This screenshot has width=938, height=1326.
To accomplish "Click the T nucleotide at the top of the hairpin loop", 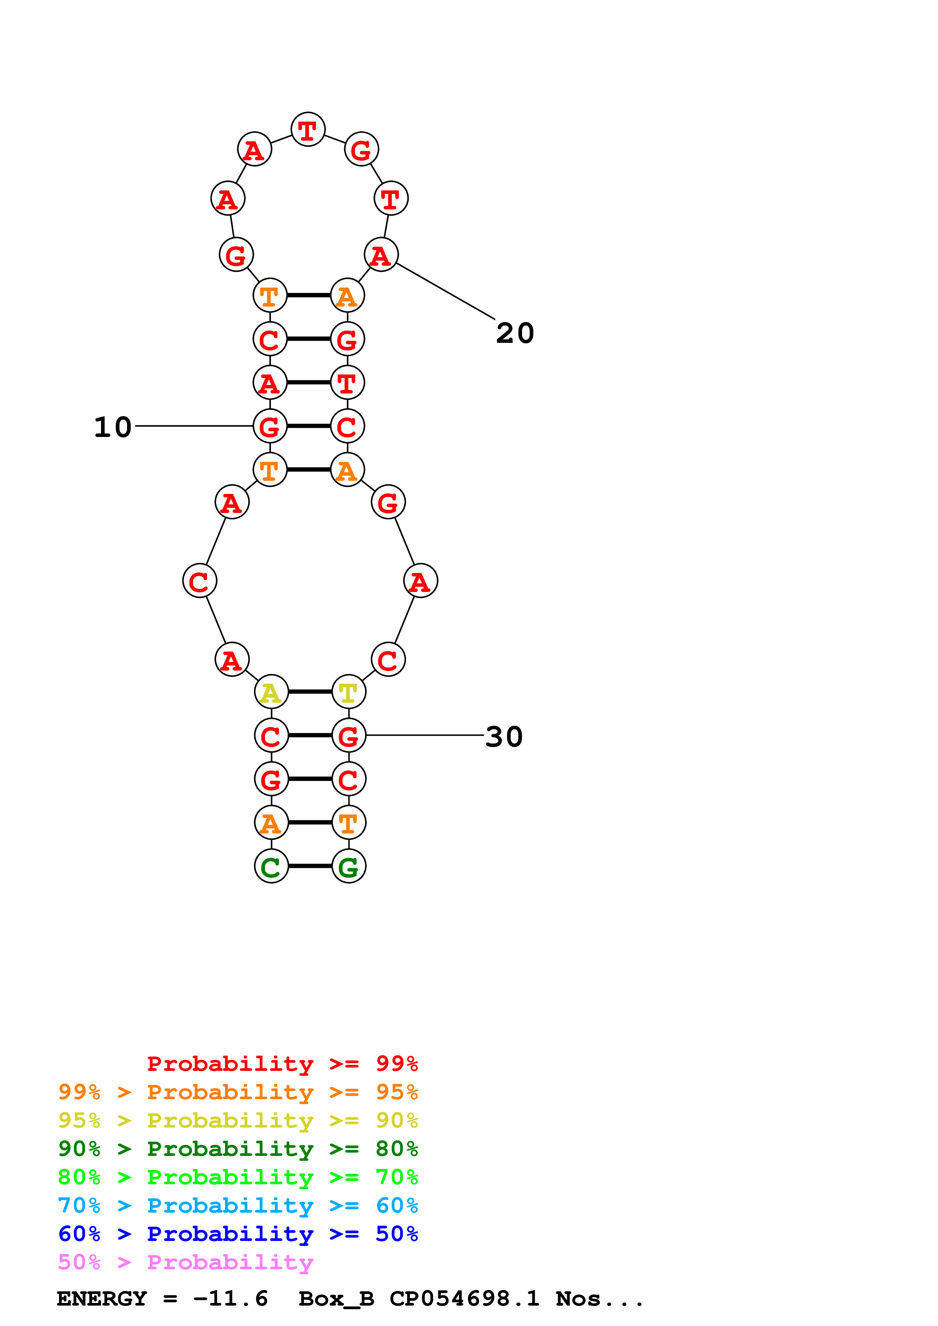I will point(308,129).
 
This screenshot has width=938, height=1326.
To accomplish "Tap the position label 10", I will point(113,428).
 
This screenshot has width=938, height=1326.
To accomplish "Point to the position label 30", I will point(504,737).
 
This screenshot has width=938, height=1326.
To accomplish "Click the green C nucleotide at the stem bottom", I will point(271,867).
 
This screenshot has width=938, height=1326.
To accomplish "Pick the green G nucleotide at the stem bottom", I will point(348,867).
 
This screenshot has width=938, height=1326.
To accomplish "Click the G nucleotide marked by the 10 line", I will point(270,427).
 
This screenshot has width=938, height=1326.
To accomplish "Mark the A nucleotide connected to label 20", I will point(381,255).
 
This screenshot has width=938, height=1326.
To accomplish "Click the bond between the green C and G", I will point(310,866).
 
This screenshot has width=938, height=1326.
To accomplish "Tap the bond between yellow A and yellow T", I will point(310,692).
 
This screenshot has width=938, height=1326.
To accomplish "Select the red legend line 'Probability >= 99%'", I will point(282,1064).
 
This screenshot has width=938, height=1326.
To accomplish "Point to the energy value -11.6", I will point(230,1298).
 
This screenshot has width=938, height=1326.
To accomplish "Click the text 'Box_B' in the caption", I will point(336,1298).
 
